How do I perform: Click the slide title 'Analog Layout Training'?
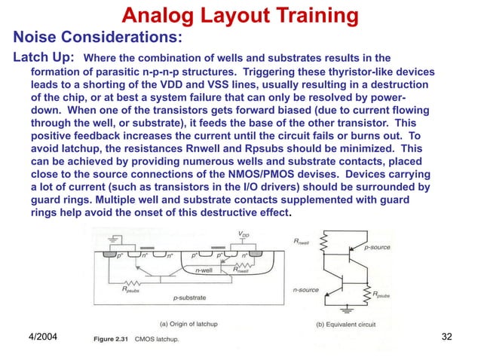[240, 14]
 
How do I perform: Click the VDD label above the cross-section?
[244, 234]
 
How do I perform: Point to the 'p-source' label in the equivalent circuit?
[378, 246]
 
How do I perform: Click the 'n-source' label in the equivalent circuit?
[306, 288]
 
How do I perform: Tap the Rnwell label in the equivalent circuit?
[304, 240]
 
